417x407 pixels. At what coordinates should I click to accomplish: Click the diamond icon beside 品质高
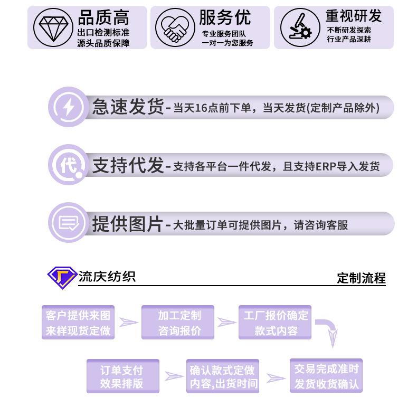[x=51, y=27]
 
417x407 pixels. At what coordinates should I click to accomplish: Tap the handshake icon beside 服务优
[x=174, y=27]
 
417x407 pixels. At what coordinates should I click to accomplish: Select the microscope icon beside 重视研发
[x=296, y=27]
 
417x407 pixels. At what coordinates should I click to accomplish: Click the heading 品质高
[x=103, y=17]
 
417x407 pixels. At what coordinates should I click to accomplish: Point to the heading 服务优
[x=225, y=17]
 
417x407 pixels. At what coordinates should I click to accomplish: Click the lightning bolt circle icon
[x=68, y=107]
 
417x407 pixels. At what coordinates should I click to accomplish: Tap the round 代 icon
[x=68, y=165]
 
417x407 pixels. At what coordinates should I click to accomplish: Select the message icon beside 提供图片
[x=68, y=223]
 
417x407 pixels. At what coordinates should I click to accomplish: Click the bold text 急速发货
[x=128, y=107]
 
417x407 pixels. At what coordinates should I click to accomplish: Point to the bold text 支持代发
[x=128, y=165]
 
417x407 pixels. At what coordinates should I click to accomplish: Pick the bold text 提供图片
[x=128, y=224]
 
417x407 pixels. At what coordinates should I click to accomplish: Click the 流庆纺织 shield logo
[x=62, y=277]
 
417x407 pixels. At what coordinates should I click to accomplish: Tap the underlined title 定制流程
[x=361, y=278]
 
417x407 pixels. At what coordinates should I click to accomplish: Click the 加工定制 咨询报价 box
[x=178, y=323]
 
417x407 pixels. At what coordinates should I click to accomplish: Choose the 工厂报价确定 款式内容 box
[x=276, y=323]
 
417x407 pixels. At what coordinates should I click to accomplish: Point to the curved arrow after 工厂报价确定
[x=330, y=332]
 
